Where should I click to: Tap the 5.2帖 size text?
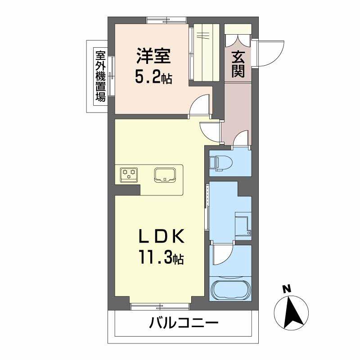tap(153, 78)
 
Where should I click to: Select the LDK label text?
tap(161, 236)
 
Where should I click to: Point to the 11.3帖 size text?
tap(161, 258)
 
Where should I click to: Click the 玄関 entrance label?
tap(238, 64)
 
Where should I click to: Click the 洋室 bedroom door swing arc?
tap(201, 105)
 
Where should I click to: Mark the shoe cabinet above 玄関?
tap(238, 36)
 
